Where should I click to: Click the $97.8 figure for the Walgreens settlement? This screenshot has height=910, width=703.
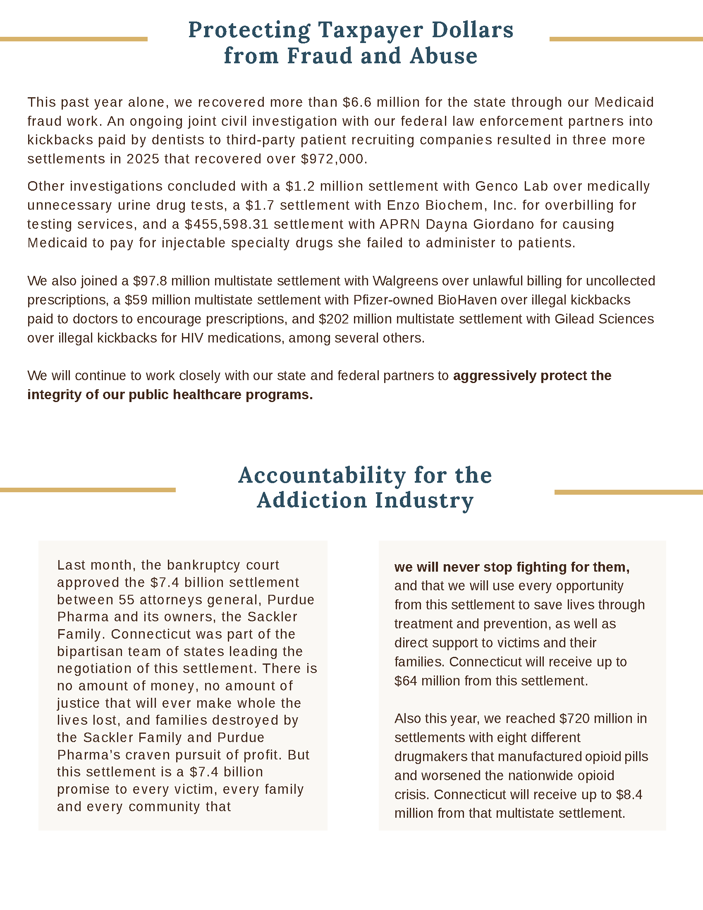[x=150, y=281]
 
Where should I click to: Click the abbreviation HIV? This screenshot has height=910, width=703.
[x=192, y=338]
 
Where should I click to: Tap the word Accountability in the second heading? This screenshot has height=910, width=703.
[x=322, y=475]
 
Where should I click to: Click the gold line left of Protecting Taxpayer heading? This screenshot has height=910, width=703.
[x=74, y=39]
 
